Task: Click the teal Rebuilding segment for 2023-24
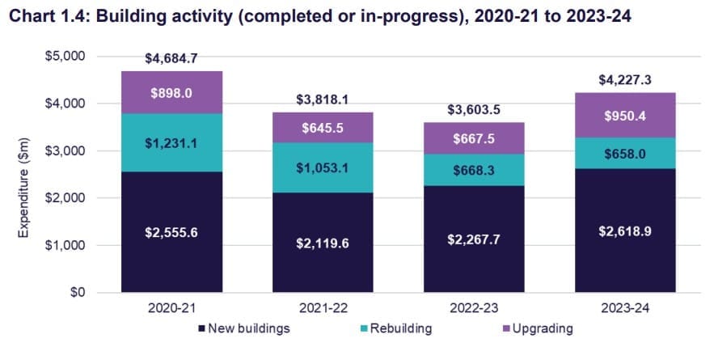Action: tap(625, 154)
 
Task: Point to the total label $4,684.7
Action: tap(171, 59)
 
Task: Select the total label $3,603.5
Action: tap(474, 110)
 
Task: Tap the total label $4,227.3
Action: tap(625, 80)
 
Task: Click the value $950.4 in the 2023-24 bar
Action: tap(625, 116)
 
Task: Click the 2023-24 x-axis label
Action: tap(625, 308)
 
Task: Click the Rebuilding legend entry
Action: tap(399, 328)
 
